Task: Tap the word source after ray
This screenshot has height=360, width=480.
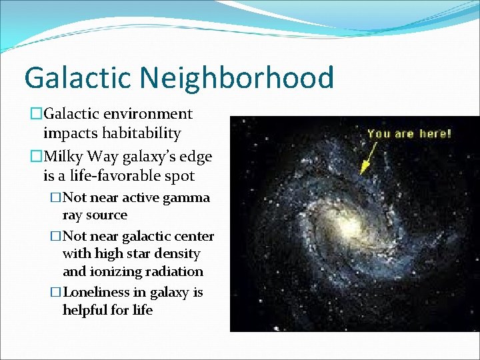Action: tap(107, 215)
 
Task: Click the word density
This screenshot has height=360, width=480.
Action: tap(178, 254)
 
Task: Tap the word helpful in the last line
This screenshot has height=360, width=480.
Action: tap(85, 311)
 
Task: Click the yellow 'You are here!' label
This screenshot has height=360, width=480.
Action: tap(409, 133)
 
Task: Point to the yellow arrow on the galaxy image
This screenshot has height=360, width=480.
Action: tap(367, 159)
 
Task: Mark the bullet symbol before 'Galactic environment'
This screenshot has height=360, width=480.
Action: tap(36, 115)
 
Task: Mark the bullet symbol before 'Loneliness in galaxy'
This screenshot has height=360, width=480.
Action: tap(56, 293)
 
